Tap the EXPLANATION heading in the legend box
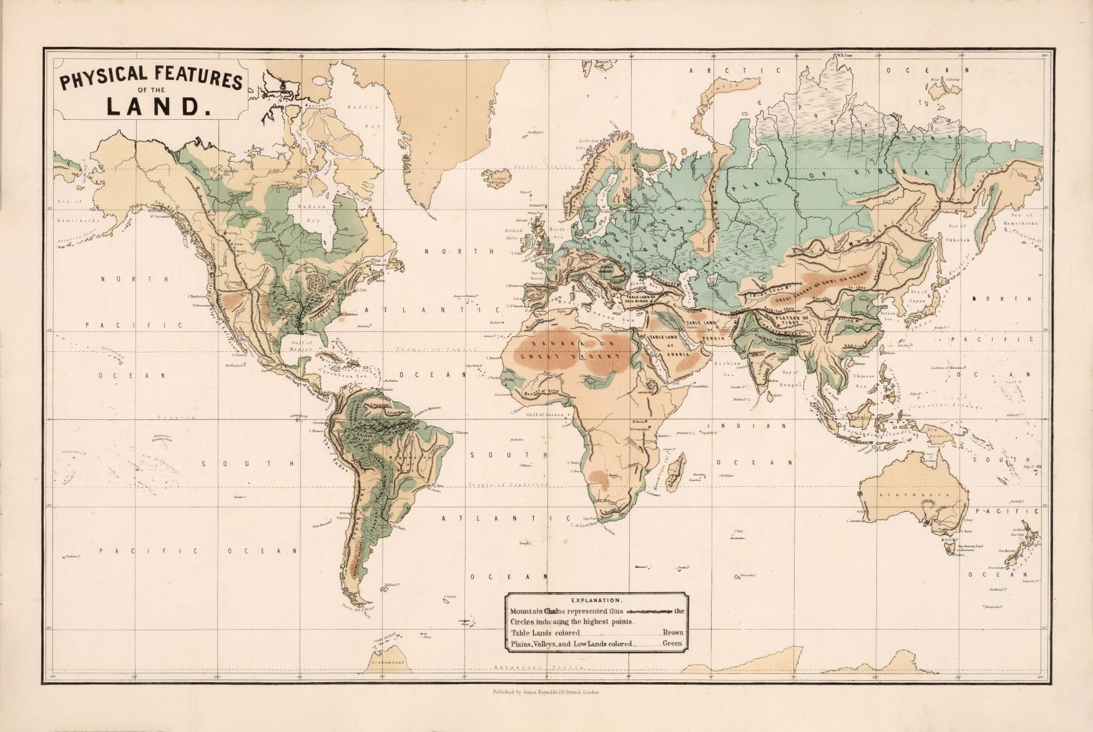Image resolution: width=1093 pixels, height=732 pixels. [x=597, y=600]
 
